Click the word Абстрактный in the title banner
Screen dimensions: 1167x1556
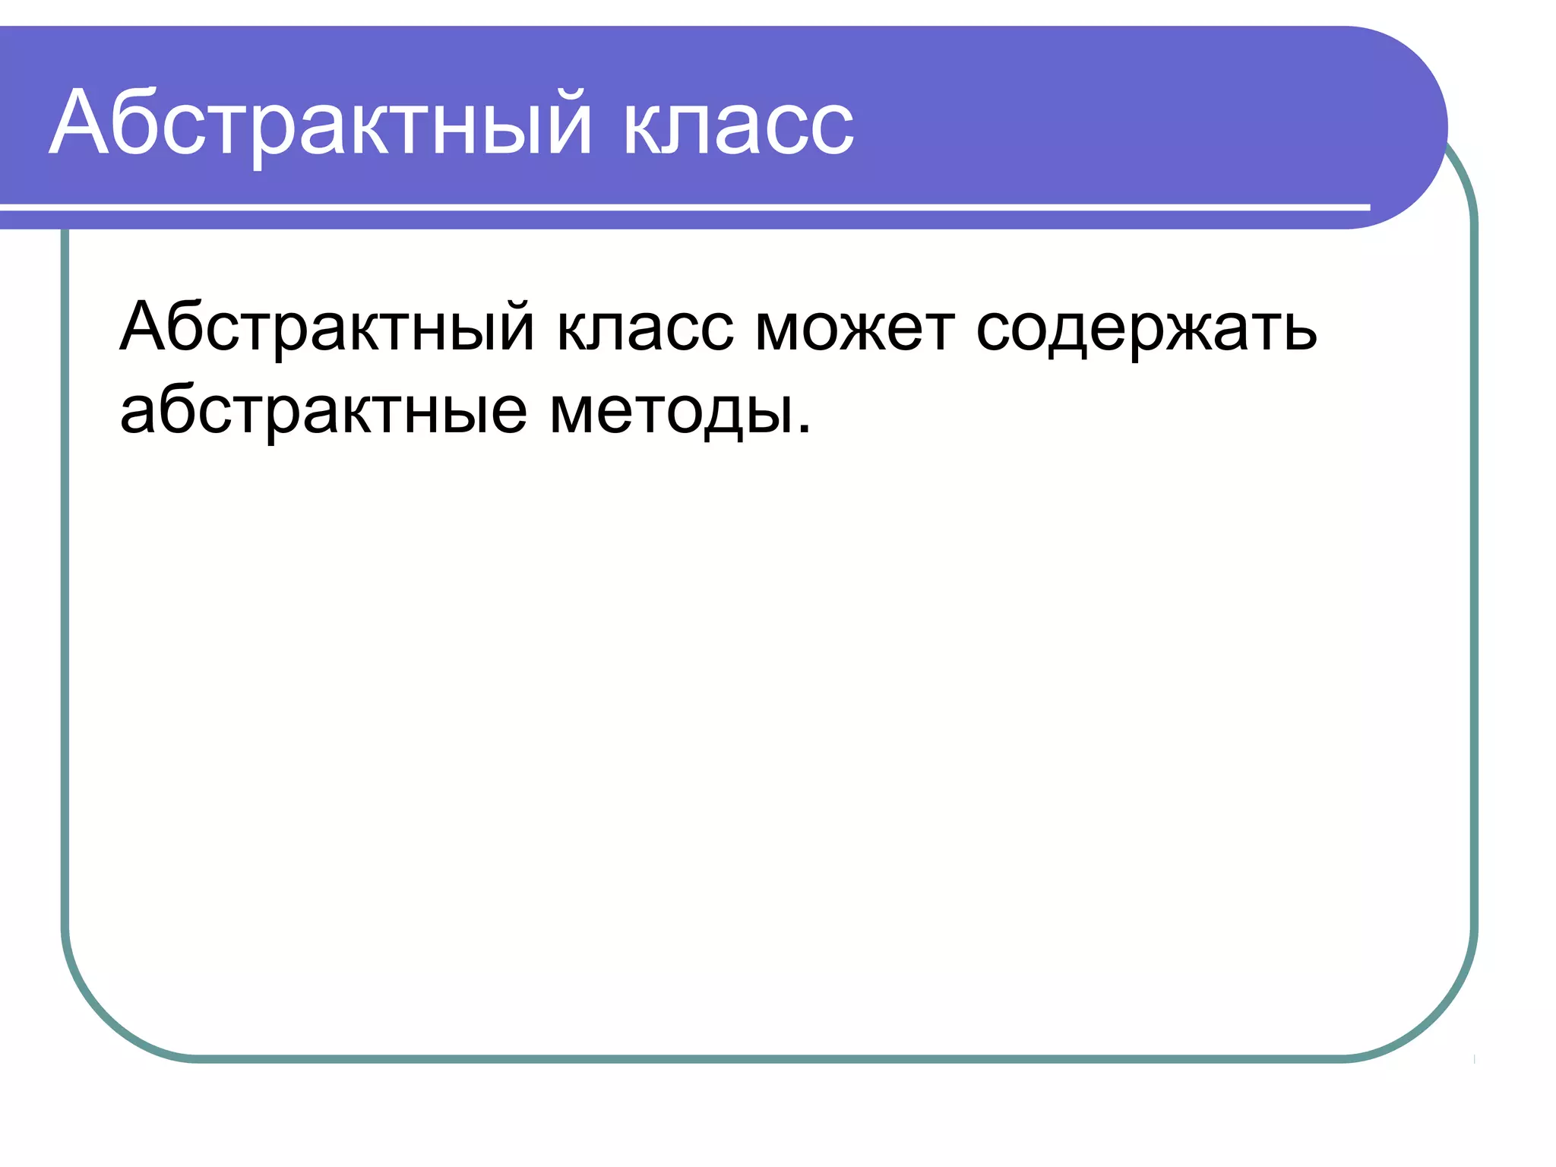click(319, 125)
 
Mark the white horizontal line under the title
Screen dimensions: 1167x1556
click(684, 207)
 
